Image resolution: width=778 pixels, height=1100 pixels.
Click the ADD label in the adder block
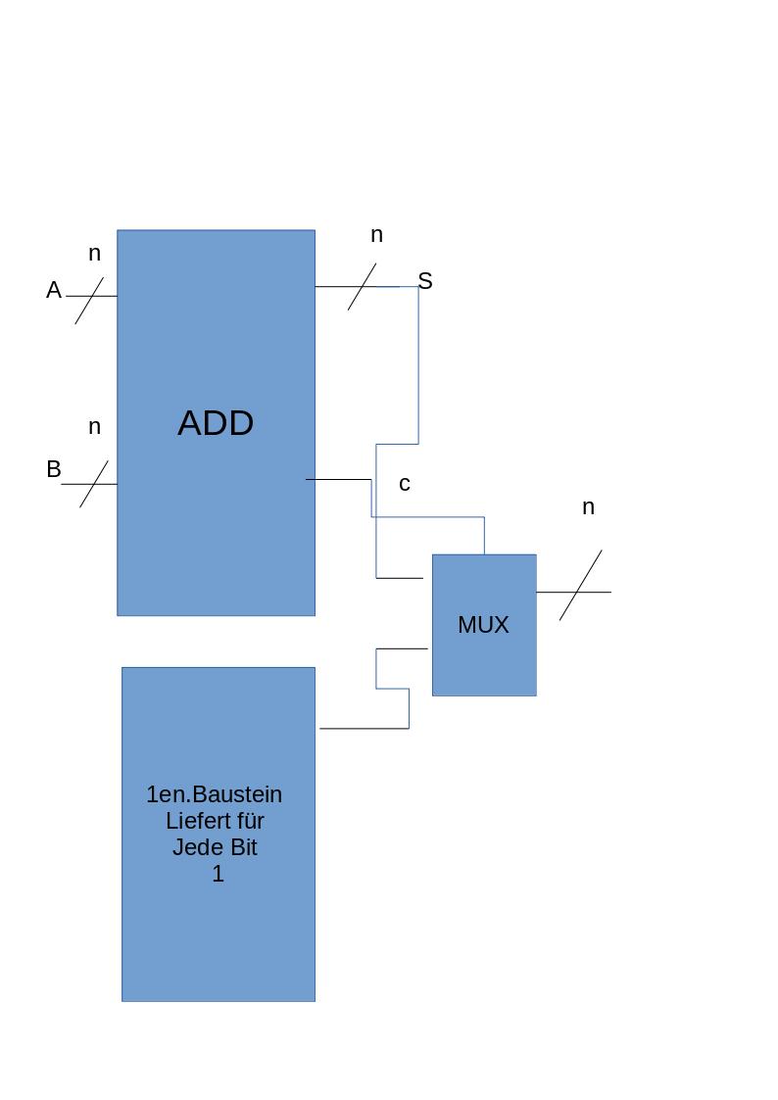tap(216, 423)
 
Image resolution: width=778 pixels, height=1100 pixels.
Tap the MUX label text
tap(483, 625)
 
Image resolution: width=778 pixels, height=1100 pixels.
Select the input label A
tap(54, 291)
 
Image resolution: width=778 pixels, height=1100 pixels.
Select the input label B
tap(54, 470)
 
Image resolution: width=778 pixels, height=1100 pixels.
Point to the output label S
tap(425, 282)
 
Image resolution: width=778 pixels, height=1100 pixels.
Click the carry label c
tap(404, 484)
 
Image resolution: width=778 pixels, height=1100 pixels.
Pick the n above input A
tap(94, 254)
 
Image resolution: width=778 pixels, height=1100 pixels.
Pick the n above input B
tap(94, 427)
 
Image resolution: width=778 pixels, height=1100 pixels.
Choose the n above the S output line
tap(376, 235)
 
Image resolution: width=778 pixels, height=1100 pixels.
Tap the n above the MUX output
tap(588, 507)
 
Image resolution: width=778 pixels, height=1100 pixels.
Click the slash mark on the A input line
tap(89, 300)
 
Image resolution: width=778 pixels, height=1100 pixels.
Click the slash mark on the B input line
tap(94, 483)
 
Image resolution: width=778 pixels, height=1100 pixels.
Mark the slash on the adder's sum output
tap(362, 286)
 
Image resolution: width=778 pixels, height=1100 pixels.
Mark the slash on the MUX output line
tap(581, 585)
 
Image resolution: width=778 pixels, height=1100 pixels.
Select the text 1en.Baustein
tap(215, 794)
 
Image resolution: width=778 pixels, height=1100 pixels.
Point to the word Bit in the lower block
tap(242, 847)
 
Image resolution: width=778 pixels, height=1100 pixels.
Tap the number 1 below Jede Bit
tap(218, 874)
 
